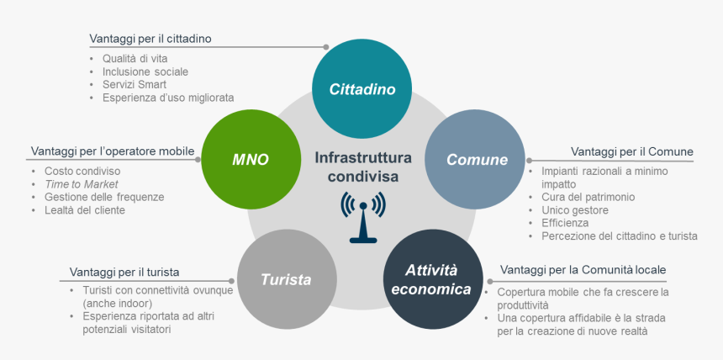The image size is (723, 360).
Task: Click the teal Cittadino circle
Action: pyautogui.click(x=361, y=89)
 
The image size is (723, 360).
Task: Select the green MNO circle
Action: pyautogui.click(x=250, y=159)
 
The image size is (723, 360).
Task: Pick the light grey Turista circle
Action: pyautogui.click(x=286, y=279)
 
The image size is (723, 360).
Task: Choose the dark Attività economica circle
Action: pyautogui.click(x=437, y=280)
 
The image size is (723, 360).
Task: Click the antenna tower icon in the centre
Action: pyautogui.click(x=363, y=216)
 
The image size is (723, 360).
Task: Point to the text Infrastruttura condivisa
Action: pyautogui.click(x=363, y=166)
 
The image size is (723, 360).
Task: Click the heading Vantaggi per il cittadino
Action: pyautogui.click(x=150, y=39)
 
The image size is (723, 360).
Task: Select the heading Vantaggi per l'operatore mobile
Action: pyautogui.click(x=113, y=151)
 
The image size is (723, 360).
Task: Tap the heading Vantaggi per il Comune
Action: pyautogui.click(x=631, y=151)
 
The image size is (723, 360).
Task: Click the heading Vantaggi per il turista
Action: pyautogui.click(x=124, y=273)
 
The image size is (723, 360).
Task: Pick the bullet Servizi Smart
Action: pyautogui.click(x=135, y=84)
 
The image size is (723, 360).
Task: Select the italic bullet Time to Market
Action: pyautogui.click(x=81, y=183)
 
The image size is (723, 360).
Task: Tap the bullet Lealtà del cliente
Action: pyautogui.click(x=84, y=209)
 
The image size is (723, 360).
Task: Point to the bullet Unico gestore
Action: pyautogui.click(x=567, y=209)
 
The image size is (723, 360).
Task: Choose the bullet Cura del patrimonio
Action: pyautogui.click(x=582, y=197)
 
